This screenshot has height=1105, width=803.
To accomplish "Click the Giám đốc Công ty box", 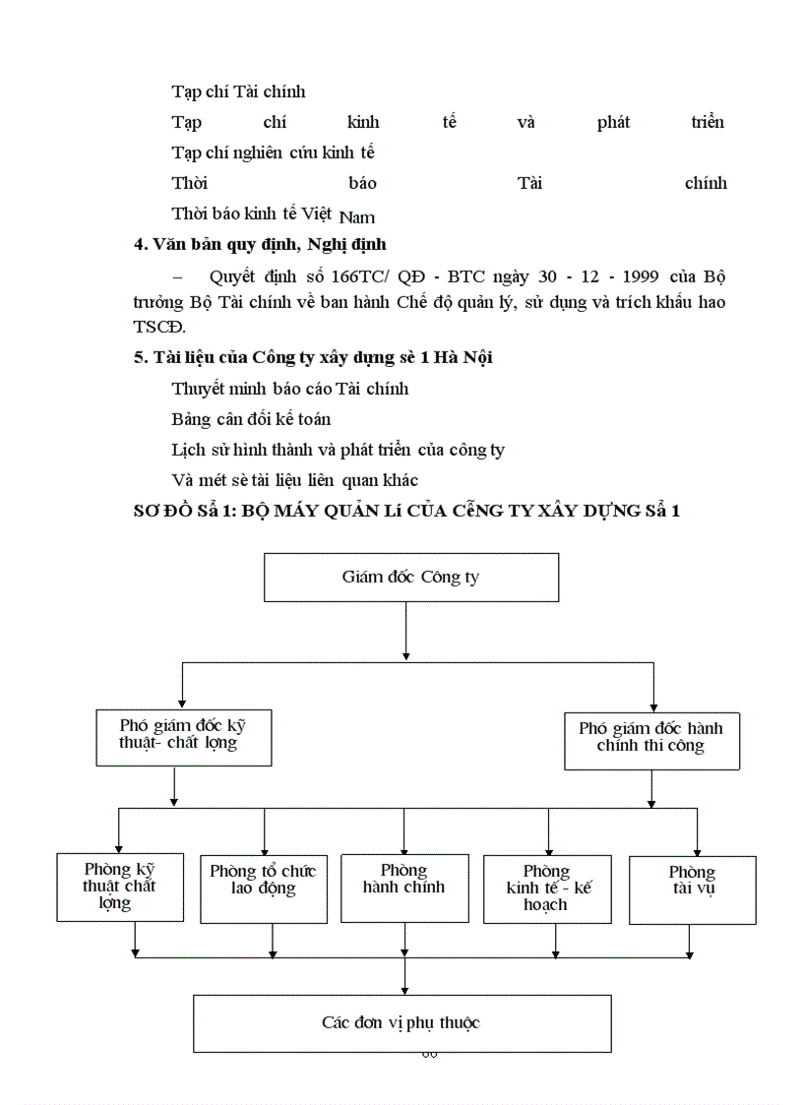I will tap(410, 578).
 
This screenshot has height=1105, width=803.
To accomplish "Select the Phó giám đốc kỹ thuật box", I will tap(184, 736).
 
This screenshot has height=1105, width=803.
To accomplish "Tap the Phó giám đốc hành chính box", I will tap(651, 740).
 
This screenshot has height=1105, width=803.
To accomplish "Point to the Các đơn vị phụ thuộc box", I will tap(401, 1023).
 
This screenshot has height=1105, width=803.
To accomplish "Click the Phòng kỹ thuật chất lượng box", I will tap(120, 888).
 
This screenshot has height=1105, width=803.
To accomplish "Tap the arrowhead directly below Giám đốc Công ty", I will tap(405, 654).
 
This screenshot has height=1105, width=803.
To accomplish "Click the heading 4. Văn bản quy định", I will tap(260, 244).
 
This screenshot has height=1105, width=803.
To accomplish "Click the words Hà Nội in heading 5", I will tap(463, 357).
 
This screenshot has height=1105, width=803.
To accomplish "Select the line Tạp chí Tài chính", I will tap(238, 92).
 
